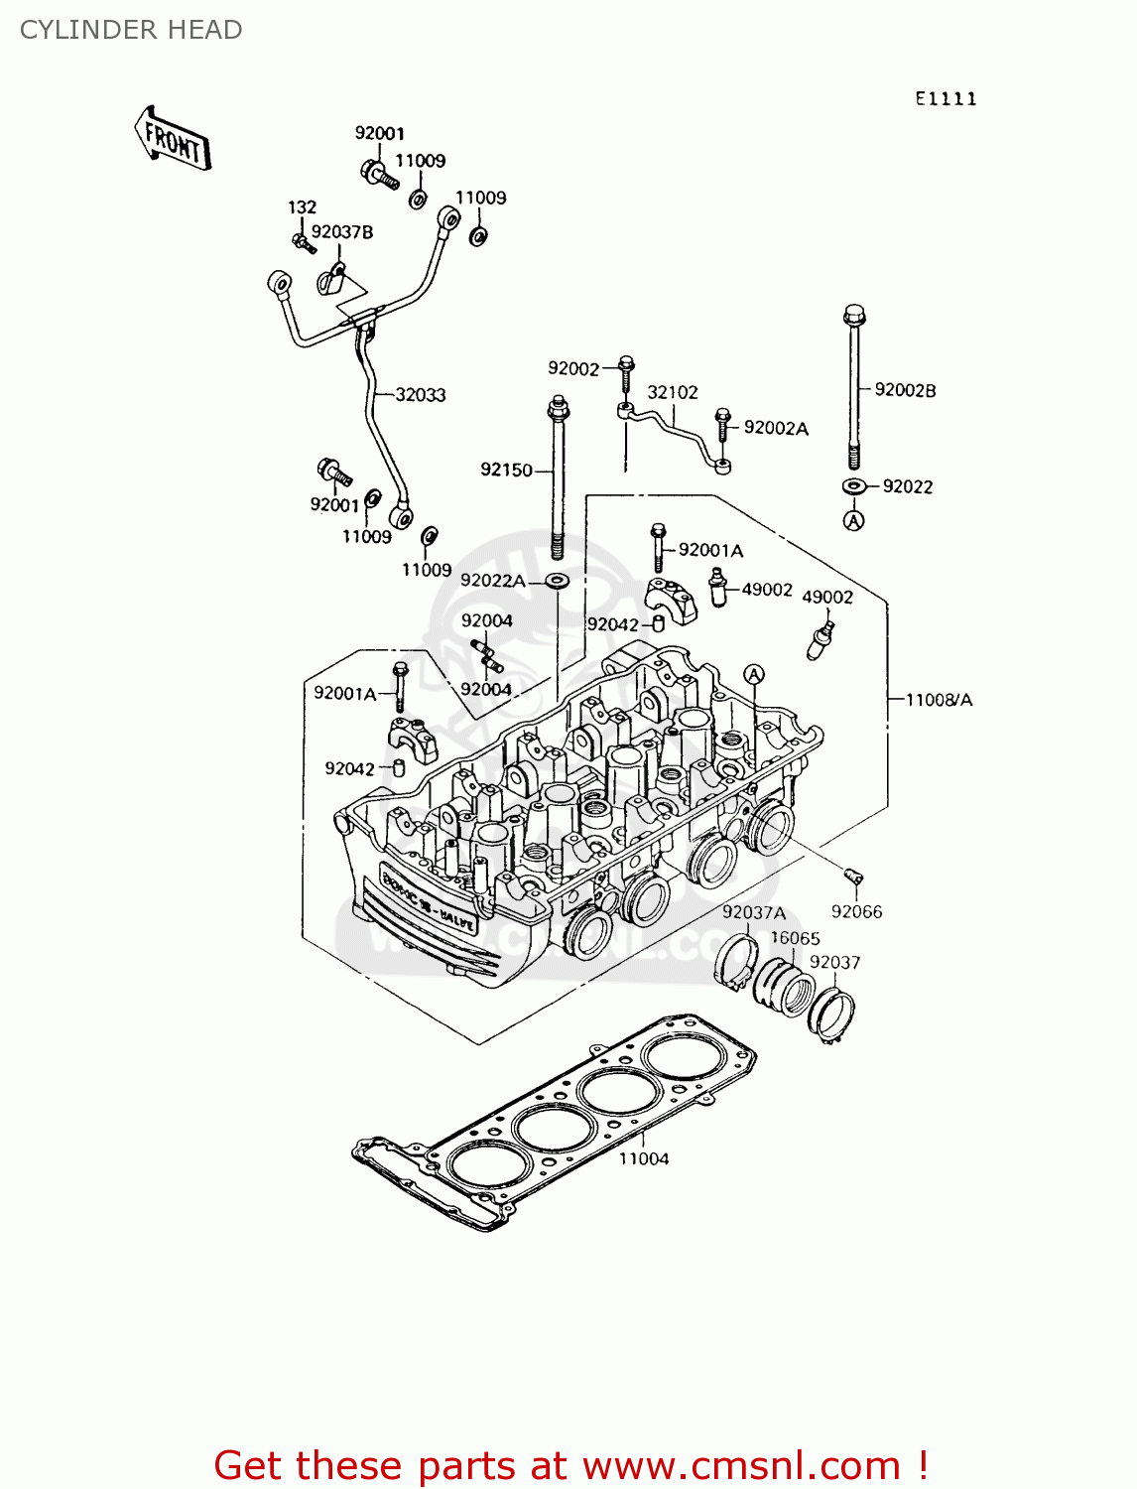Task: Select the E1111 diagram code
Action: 946,98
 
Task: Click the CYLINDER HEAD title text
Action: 131,30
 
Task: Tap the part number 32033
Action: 420,395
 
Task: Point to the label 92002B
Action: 905,390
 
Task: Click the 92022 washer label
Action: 907,486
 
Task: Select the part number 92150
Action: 506,470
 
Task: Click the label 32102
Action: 673,392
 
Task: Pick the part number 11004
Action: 644,1158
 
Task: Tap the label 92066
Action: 856,911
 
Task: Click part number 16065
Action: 795,938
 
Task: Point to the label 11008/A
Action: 939,700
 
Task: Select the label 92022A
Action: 492,581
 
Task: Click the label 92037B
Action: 342,232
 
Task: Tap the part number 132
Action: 302,206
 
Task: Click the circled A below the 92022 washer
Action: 853,520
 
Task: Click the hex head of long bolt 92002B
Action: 854,316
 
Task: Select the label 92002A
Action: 776,428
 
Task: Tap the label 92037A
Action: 753,912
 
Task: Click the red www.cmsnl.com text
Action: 740,1465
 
